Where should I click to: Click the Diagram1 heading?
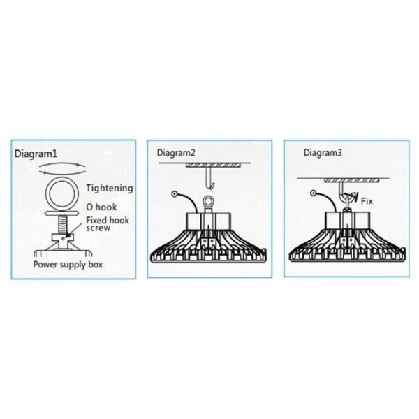[36, 154]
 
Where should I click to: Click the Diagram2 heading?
[176, 153]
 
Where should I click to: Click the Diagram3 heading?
[323, 153]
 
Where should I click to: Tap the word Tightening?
[110, 188]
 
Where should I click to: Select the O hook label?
[101, 207]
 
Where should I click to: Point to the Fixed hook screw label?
[108, 224]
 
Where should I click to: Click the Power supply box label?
[68, 265]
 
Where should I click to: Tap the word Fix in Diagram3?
[367, 201]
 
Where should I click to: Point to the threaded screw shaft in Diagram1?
[62, 225]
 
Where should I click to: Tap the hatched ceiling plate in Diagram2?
[213, 166]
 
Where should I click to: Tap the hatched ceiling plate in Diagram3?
[352, 181]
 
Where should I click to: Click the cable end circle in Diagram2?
[175, 193]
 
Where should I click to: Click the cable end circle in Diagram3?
[314, 193]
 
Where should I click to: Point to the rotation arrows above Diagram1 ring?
[62, 168]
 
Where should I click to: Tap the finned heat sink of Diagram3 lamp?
[347, 245]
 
